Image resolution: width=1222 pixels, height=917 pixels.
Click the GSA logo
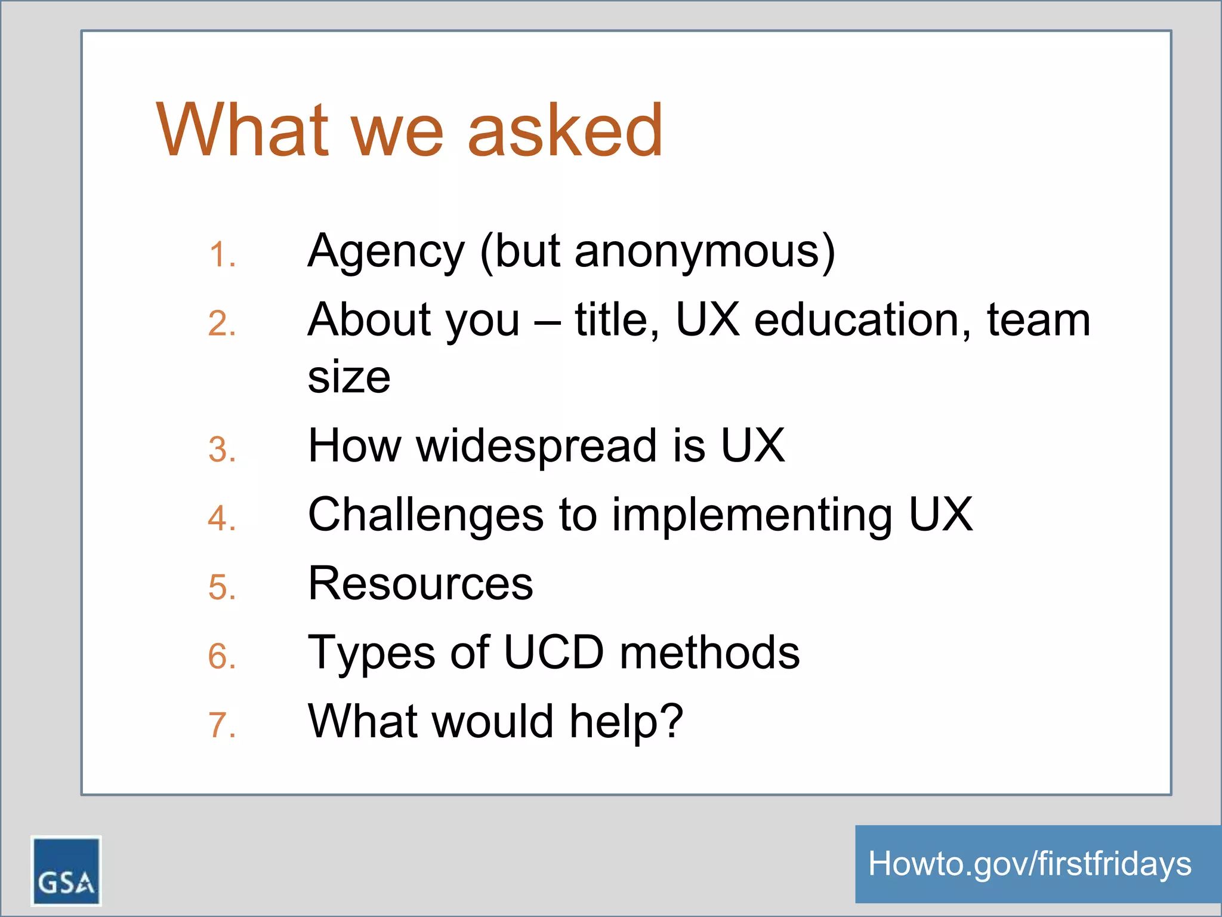(x=66, y=870)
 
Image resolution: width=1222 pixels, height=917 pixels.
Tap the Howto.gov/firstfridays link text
(x=1030, y=864)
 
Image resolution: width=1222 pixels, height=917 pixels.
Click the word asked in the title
(x=564, y=130)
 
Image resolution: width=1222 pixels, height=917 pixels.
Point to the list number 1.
(x=222, y=255)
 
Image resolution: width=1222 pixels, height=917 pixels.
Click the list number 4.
(x=222, y=518)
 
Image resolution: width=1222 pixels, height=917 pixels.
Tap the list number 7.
(x=222, y=725)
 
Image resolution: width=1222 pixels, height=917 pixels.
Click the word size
(x=349, y=377)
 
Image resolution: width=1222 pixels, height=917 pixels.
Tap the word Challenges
(x=425, y=515)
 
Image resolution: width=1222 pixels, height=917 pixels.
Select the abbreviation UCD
(x=554, y=652)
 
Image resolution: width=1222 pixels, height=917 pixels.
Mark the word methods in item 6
(x=709, y=652)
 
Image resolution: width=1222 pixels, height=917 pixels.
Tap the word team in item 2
(x=1038, y=320)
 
